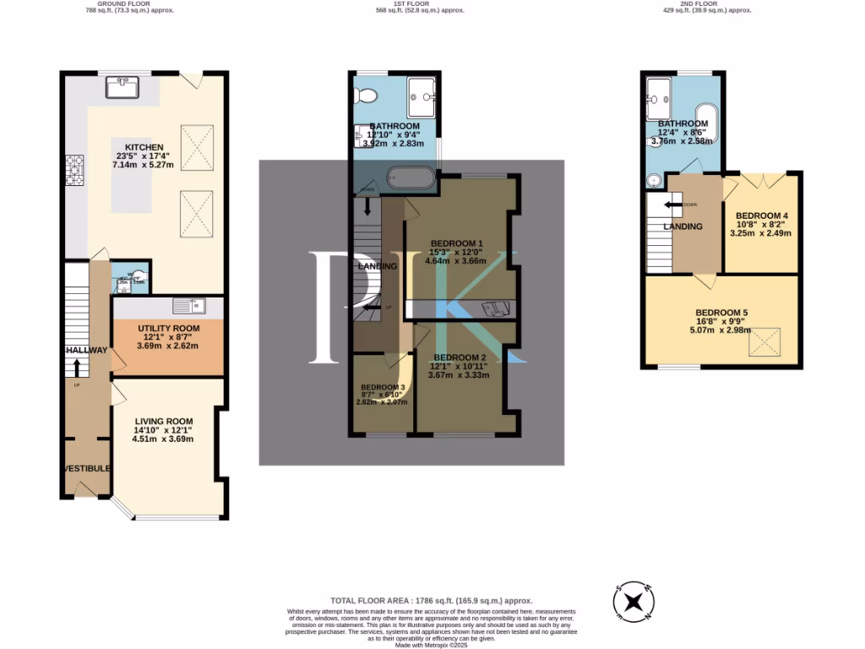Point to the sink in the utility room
coord(188,305)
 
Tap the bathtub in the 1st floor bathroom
coord(412,178)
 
